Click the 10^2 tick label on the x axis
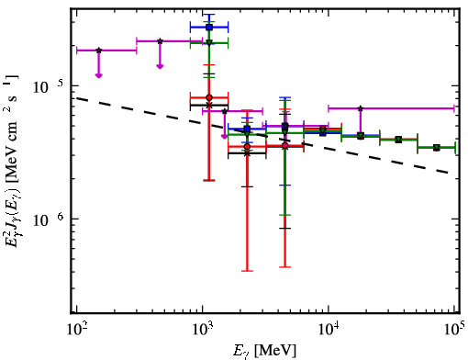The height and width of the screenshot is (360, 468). click(76, 329)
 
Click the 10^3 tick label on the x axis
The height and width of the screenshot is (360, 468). click(203, 329)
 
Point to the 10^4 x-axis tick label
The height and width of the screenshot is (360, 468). click(329, 329)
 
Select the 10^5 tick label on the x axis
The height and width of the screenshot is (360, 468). click(455, 329)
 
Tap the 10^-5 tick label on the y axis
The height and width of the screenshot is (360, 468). click(49, 86)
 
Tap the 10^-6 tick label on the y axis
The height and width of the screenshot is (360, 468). click(49, 219)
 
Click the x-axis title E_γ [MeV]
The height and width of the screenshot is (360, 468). click(264, 351)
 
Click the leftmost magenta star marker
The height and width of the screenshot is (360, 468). click(98, 51)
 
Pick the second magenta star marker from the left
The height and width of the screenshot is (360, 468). click(160, 41)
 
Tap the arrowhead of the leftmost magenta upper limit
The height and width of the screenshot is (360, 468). click(98, 75)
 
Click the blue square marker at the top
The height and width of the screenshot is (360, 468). click(209, 28)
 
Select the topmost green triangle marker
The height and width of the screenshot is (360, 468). click(209, 42)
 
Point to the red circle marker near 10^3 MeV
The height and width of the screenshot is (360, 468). click(209, 97)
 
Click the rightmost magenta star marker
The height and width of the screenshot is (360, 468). click(361, 108)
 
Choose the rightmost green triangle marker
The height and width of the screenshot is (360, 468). click(437, 148)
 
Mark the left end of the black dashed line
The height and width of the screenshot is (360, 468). click(77, 98)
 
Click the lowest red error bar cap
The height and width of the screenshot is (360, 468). click(247, 271)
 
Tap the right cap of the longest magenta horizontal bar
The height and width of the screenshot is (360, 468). click(454, 108)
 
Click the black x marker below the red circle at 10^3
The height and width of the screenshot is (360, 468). click(209, 106)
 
